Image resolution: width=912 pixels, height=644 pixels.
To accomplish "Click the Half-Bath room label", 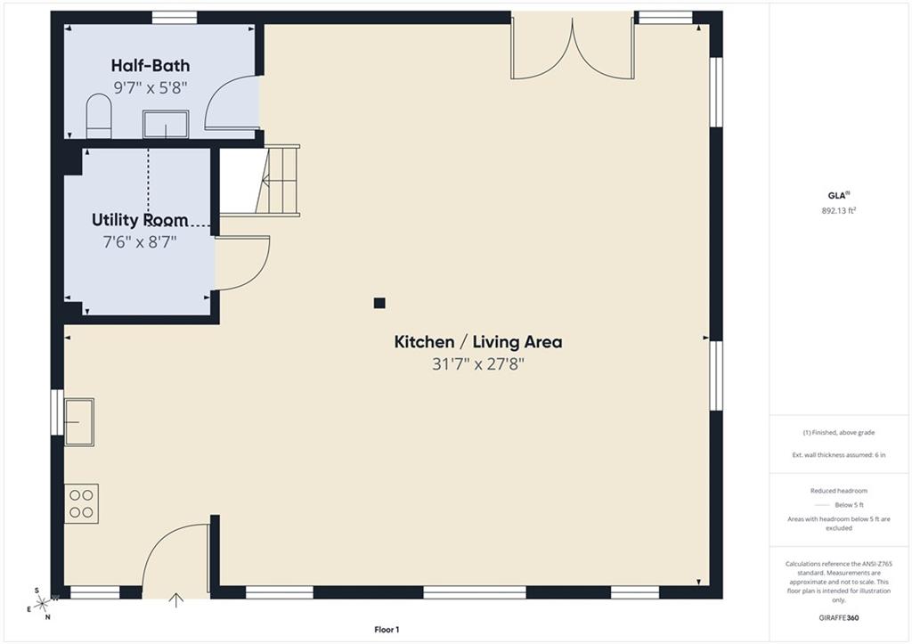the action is tap(151, 65).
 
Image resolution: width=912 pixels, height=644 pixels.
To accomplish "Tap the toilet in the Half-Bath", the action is tap(98, 117).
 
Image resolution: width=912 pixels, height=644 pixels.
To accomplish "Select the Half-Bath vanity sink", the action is tap(166, 124).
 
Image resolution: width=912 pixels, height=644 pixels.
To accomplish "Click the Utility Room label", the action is tap(140, 220).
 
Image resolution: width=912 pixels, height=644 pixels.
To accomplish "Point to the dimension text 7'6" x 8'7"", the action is tap(140, 242).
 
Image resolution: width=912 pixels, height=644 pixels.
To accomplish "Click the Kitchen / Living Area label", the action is tap(478, 341).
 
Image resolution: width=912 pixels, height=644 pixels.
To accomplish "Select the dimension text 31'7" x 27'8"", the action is tap(478, 364).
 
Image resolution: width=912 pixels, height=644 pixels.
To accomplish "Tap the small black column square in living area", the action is tap(379, 303).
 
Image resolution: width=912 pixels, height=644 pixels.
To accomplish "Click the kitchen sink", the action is tap(79, 422).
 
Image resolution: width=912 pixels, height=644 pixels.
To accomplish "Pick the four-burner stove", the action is tap(81, 504).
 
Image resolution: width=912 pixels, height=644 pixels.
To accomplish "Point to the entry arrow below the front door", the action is tap(176, 599).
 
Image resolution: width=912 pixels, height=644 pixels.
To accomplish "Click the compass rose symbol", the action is tap(41, 604).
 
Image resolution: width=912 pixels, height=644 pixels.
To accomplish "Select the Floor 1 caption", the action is tap(387, 630).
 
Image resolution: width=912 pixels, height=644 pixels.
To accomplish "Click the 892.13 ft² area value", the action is tap(839, 210).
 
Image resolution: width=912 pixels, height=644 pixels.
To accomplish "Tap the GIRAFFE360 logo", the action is tap(839, 618).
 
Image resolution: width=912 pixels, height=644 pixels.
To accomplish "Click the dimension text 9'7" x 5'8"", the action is tap(151, 88).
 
